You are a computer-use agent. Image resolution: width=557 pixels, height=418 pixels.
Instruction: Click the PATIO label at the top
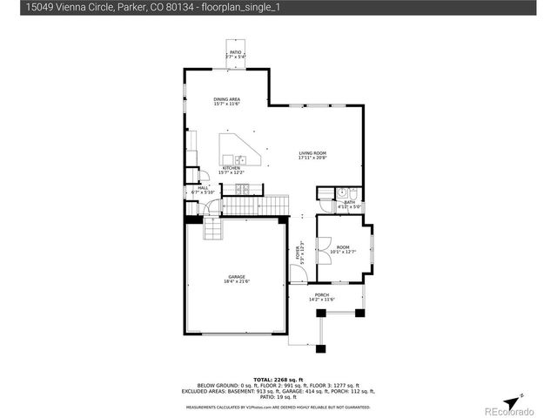tap(235, 52)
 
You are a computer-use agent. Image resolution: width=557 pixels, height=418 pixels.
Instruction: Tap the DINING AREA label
tap(227, 99)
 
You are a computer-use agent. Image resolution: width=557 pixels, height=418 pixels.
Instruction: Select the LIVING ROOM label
tap(312, 153)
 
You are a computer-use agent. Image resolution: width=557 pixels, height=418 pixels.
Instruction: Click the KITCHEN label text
tap(231, 168)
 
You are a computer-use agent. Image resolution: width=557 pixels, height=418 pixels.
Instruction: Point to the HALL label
tap(202, 187)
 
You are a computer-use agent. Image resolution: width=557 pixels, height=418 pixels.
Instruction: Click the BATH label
tap(349, 202)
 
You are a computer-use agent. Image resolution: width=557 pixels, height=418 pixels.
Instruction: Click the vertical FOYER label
tap(298, 253)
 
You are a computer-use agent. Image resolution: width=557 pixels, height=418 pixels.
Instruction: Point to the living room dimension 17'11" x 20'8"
tap(312, 158)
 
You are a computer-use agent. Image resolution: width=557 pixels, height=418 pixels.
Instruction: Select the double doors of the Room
tap(324, 247)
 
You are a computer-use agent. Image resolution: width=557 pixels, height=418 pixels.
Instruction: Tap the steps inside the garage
tap(212, 230)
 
